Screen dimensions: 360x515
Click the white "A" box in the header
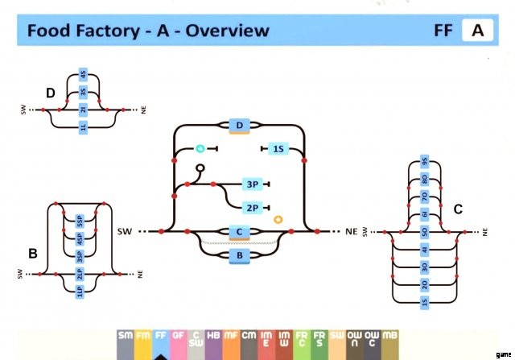click(477, 31)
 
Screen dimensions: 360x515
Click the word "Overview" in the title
click(227, 31)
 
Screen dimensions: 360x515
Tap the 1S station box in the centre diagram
click(278, 149)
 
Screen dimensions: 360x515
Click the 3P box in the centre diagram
click(252, 184)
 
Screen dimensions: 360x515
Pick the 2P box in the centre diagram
click(252, 208)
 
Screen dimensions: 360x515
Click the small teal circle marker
click(200, 149)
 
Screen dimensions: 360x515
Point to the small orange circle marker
click(278, 218)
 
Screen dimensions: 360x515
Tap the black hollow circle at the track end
click(200, 168)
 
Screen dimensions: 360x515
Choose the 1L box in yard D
click(84, 126)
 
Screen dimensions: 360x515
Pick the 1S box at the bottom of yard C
click(424, 302)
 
